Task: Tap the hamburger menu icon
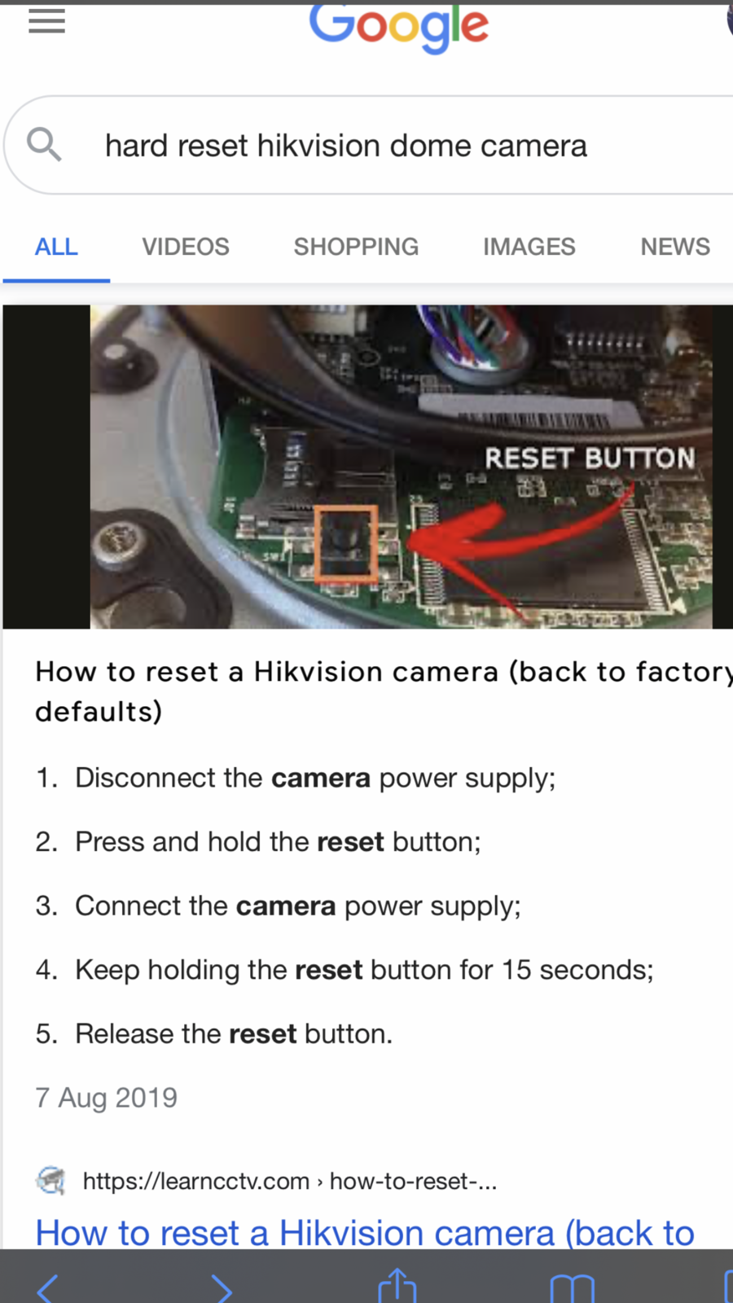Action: pyautogui.click(x=46, y=22)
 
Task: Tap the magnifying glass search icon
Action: pyautogui.click(x=44, y=145)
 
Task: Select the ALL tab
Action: pyautogui.click(x=56, y=247)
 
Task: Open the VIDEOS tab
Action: pyautogui.click(x=186, y=247)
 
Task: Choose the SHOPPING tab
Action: pyautogui.click(x=356, y=247)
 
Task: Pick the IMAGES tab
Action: pyautogui.click(x=529, y=247)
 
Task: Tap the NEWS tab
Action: pyautogui.click(x=675, y=247)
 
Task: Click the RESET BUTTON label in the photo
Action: pyautogui.click(x=590, y=458)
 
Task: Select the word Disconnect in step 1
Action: pyautogui.click(x=168, y=778)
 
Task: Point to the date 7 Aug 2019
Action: pyautogui.click(x=107, y=1098)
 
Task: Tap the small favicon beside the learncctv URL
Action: pyautogui.click(x=50, y=1181)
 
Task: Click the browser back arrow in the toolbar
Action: pyautogui.click(x=47, y=1288)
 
